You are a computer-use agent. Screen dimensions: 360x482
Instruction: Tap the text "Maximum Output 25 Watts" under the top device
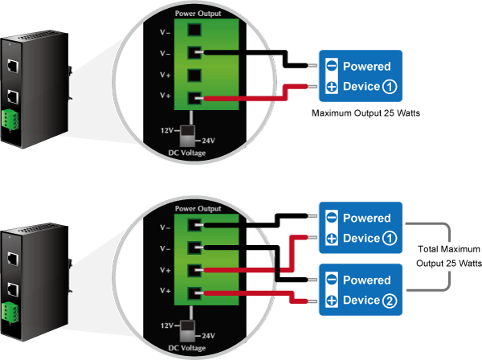pyautogui.click(x=365, y=114)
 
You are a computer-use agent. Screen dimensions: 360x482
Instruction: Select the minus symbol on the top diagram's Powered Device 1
pyautogui.click(x=331, y=66)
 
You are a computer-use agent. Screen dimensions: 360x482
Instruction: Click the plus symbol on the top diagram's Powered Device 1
pyautogui.click(x=331, y=87)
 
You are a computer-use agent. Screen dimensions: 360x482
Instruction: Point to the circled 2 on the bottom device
pyautogui.click(x=390, y=301)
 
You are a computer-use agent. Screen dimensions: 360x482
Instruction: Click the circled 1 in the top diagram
pyautogui.click(x=389, y=87)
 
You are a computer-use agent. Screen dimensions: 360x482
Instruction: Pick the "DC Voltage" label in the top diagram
pyautogui.click(x=186, y=153)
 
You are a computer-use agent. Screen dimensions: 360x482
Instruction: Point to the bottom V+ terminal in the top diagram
pyautogui.click(x=194, y=100)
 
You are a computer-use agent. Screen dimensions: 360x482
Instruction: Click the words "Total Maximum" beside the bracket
pyautogui.click(x=449, y=248)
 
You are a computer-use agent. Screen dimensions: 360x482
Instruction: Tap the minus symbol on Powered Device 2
pyautogui.click(x=331, y=280)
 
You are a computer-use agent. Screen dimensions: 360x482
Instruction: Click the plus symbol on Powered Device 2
pyautogui.click(x=331, y=301)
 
